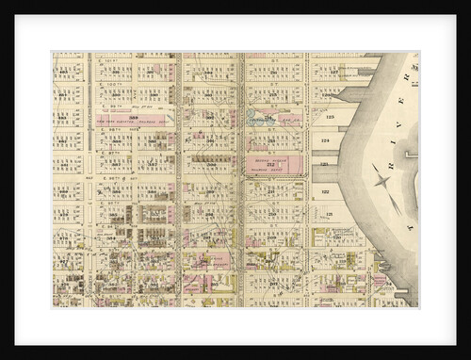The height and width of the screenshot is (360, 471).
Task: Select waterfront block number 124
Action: coord(327,140)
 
